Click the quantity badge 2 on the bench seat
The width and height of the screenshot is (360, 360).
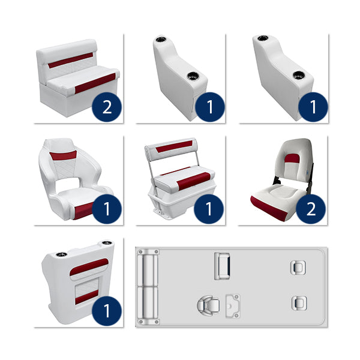coord(107,107)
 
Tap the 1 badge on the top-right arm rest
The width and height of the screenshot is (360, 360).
coord(313,107)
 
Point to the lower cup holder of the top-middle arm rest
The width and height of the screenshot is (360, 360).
coord(194,76)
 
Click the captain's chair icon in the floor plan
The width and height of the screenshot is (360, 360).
coord(206,306)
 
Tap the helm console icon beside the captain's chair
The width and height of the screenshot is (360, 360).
coord(232,305)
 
